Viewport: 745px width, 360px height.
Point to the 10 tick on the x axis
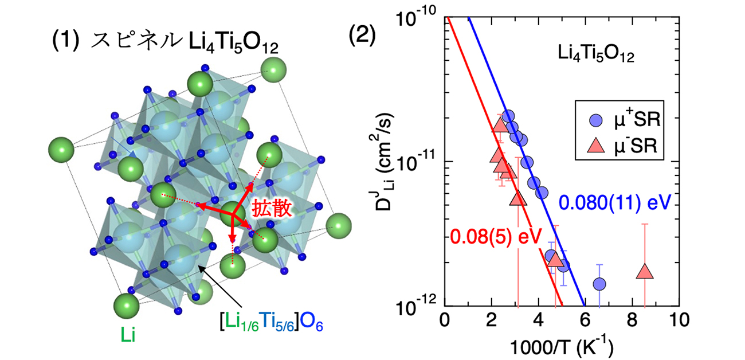(677, 318)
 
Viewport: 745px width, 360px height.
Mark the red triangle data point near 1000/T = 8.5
(645, 272)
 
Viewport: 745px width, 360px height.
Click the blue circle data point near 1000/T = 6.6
(600, 284)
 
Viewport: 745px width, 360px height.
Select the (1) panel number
(65, 42)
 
